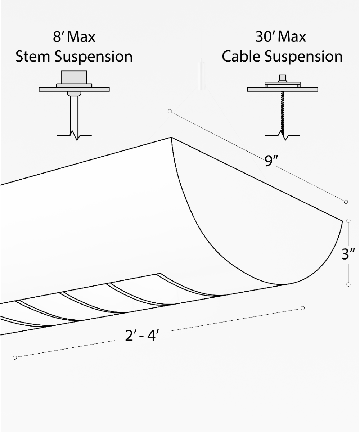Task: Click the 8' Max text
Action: [74, 37]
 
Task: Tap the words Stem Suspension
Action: [74, 57]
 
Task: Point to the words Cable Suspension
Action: [282, 57]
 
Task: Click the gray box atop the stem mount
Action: [74, 77]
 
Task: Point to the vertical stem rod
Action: [74, 112]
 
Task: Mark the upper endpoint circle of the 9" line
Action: [170, 112]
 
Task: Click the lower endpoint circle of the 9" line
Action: [346, 202]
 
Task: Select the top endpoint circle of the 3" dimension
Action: [348, 220]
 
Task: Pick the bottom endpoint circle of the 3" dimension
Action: [348, 284]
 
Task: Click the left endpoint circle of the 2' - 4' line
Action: [15, 357]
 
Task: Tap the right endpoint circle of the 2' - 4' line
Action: [303, 308]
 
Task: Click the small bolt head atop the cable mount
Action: [283, 78]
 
